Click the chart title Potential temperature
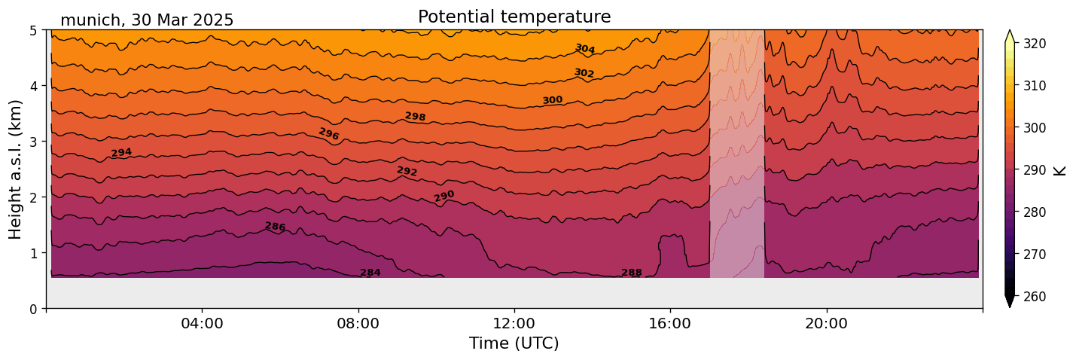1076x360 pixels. (514, 17)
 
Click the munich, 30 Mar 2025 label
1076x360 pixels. (147, 20)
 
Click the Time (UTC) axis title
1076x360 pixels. (514, 343)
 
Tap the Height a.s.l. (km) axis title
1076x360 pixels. (16, 169)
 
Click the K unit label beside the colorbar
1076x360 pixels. (1060, 170)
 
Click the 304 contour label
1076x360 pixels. (585, 49)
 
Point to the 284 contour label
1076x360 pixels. (370, 273)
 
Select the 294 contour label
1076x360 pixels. (121, 153)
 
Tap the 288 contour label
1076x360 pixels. (632, 273)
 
